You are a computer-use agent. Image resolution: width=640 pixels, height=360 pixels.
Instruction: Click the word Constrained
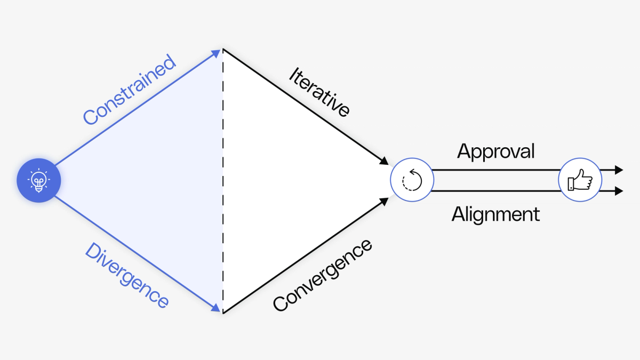point(130,90)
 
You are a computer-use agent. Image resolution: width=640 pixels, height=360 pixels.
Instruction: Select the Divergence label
point(127,275)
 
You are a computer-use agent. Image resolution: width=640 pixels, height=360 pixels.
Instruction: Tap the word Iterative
point(319,91)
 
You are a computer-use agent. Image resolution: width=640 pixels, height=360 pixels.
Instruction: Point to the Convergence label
point(322,275)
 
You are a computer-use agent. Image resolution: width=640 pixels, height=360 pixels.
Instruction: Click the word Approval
point(495,151)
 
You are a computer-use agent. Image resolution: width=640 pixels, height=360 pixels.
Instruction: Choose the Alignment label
point(495,214)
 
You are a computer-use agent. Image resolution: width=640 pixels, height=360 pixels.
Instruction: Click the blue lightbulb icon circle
point(39,180)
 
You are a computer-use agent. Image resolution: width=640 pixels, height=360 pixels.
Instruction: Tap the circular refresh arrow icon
point(411,180)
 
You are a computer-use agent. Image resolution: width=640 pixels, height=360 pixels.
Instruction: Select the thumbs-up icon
point(580,180)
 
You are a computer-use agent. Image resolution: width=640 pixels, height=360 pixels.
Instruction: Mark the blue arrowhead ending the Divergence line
point(217,308)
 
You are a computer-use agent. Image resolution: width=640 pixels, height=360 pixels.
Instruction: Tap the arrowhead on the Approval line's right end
point(619,170)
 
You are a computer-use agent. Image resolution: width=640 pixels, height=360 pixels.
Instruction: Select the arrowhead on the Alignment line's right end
point(619,191)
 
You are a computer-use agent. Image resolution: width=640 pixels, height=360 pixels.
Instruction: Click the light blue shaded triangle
point(160,180)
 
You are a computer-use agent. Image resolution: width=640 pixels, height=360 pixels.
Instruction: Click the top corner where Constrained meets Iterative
point(222,49)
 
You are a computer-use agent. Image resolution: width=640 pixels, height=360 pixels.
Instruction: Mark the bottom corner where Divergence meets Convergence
point(222,313)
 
